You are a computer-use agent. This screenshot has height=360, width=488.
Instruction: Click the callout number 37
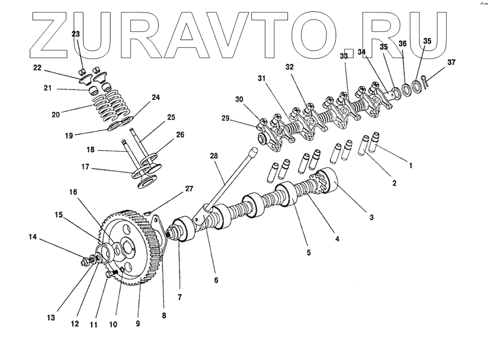(452, 62)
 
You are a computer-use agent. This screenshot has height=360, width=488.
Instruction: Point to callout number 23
(75, 34)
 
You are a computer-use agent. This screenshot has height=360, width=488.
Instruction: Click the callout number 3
(372, 217)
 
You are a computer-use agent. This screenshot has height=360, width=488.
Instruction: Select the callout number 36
(402, 43)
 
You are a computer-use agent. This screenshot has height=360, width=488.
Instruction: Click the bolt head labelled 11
(111, 275)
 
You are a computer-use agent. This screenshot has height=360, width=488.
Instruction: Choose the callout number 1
(410, 166)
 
